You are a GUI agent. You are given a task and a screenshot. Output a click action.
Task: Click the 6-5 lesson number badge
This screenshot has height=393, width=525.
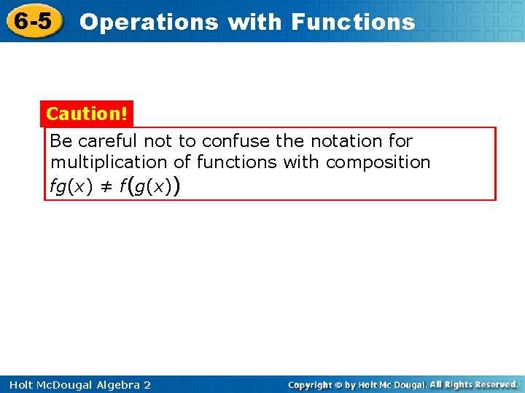(x=34, y=21)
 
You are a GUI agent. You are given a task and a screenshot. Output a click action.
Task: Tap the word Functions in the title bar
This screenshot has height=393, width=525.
(x=353, y=22)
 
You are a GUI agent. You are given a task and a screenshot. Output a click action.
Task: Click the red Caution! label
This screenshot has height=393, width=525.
(x=87, y=114)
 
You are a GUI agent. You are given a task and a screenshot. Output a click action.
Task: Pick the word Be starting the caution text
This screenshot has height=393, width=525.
(x=61, y=140)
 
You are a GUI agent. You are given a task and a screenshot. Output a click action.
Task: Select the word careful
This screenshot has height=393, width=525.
(x=109, y=140)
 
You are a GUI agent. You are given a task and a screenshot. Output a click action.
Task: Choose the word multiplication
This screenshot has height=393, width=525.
(x=109, y=162)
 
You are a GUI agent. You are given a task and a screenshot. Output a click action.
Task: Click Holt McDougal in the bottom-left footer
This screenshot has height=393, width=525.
(x=46, y=384)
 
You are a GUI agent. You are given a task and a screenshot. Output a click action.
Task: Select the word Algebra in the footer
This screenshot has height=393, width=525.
(x=117, y=384)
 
